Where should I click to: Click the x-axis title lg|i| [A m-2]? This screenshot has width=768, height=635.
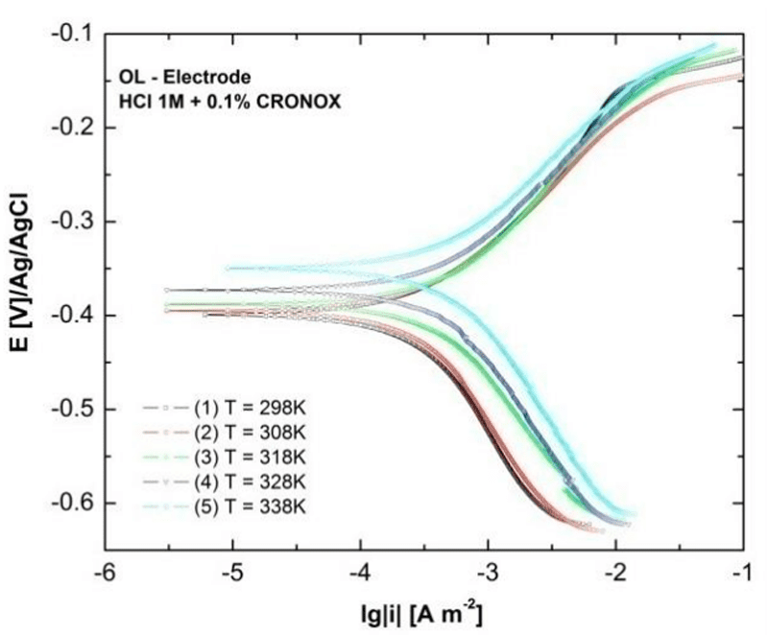click(423, 612)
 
